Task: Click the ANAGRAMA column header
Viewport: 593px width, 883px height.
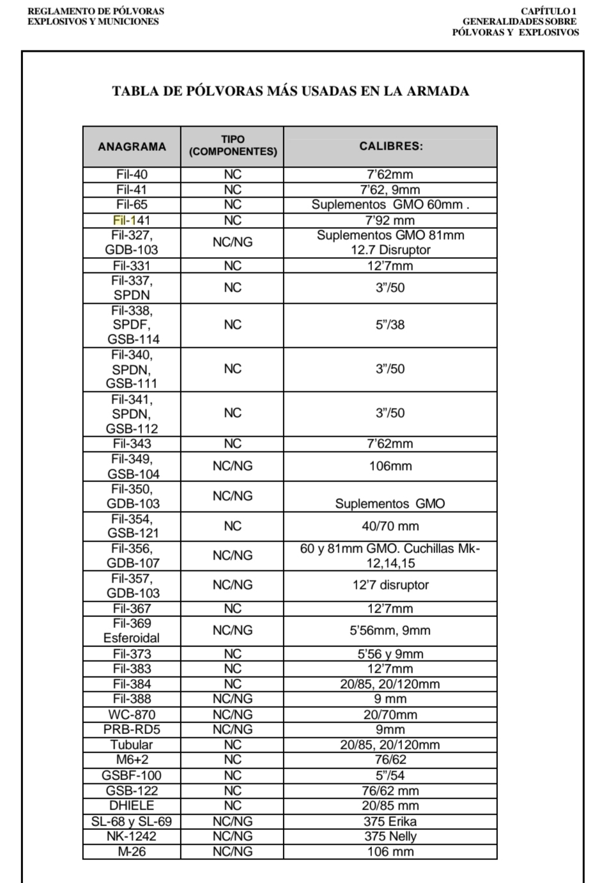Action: pyautogui.click(x=132, y=146)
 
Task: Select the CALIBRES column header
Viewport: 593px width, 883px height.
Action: pyautogui.click(x=390, y=146)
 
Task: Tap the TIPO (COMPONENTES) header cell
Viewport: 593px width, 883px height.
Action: pyautogui.click(x=233, y=146)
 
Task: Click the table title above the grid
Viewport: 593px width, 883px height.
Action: pyautogui.click(x=291, y=91)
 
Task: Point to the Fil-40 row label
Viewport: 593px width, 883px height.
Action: pyautogui.click(x=132, y=175)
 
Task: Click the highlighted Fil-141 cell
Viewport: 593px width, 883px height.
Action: pyautogui.click(x=132, y=221)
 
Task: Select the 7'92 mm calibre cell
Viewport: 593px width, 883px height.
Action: pyautogui.click(x=390, y=221)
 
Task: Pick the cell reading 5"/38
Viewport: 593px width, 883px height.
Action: pyautogui.click(x=390, y=325)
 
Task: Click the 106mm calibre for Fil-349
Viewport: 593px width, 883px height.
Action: pyautogui.click(x=390, y=466)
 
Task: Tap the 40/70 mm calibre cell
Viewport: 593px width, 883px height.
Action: pyautogui.click(x=390, y=526)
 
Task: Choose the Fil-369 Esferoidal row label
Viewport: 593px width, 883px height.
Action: pyautogui.click(x=132, y=630)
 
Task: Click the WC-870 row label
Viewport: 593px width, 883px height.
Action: pyautogui.click(x=132, y=714)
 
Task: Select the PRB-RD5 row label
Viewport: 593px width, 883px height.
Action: pyautogui.click(x=132, y=730)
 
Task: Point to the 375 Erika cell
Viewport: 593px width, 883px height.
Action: pyautogui.click(x=390, y=821)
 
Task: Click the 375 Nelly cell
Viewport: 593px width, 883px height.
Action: pyautogui.click(x=390, y=836)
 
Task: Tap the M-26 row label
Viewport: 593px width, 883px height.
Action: pyautogui.click(x=132, y=852)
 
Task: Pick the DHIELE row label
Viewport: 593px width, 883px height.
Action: pyautogui.click(x=132, y=806)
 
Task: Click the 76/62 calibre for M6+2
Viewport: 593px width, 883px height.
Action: pyautogui.click(x=390, y=760)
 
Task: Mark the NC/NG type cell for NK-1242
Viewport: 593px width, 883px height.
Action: pyautogui.click(x=233, y=836)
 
